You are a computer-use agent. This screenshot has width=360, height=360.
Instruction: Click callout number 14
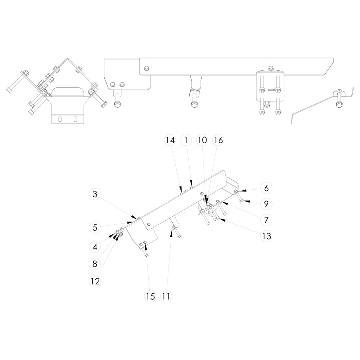pos(170,140)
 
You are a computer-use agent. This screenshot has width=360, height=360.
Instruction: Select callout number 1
pos(186,140)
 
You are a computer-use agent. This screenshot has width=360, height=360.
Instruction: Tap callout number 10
pos(202,140)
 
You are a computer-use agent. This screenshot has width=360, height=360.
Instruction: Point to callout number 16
pos(219,140)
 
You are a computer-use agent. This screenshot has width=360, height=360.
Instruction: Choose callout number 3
pos(95,194)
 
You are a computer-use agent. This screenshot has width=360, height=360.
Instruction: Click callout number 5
pos(95,228)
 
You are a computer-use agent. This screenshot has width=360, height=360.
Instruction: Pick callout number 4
pos(95,247)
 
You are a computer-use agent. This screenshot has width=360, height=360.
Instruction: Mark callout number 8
pos(95,264)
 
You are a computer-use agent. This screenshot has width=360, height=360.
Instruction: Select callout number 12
pos(95,281)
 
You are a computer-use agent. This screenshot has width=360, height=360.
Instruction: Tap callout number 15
pos(150,296)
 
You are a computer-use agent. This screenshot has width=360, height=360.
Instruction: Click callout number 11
pos(166,296)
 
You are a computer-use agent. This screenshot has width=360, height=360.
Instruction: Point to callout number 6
pos(266,188)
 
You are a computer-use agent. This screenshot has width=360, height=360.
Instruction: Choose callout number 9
pos(266,204)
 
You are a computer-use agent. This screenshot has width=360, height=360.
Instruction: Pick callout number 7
pos(266,220)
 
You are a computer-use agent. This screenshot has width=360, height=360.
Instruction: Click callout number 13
pos(266,236)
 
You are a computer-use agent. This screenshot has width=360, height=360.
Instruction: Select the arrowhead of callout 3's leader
pos(134,217)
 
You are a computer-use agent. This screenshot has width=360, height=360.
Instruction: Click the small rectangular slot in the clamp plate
pos(271,90)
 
